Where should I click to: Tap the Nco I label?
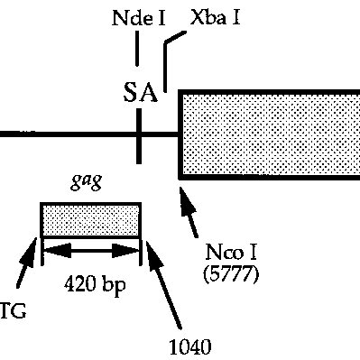point(228,255)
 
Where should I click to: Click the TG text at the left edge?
point(13,311)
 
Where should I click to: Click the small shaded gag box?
point(90,219)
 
